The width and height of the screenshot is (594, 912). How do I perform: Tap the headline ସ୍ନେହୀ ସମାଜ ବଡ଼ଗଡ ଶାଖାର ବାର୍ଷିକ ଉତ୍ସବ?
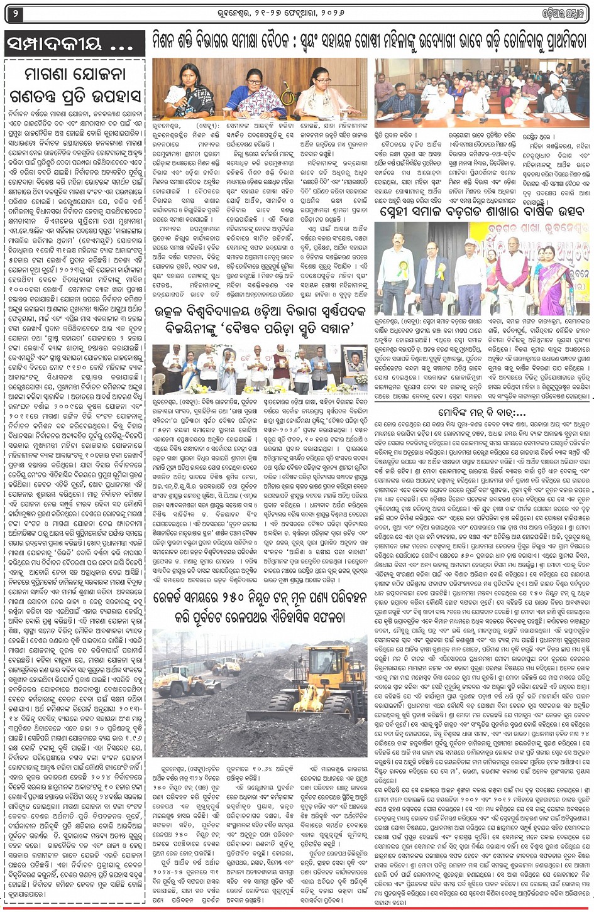pos(483,212)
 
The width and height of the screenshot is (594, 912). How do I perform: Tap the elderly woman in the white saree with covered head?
pos(228,371)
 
